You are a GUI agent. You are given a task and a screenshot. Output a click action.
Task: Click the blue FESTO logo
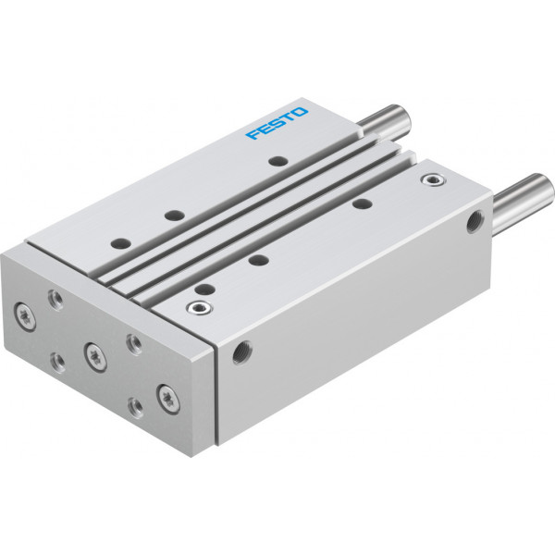277,123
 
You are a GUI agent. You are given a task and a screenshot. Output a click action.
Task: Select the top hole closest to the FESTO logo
277,161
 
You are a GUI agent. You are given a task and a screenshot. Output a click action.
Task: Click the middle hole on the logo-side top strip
175,215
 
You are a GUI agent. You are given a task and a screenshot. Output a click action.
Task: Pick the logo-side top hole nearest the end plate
120,243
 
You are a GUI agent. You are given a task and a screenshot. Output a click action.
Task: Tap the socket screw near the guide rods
434,179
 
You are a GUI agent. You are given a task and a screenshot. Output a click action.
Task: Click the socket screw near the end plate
200,308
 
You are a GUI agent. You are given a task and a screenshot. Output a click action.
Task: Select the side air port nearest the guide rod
475,222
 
